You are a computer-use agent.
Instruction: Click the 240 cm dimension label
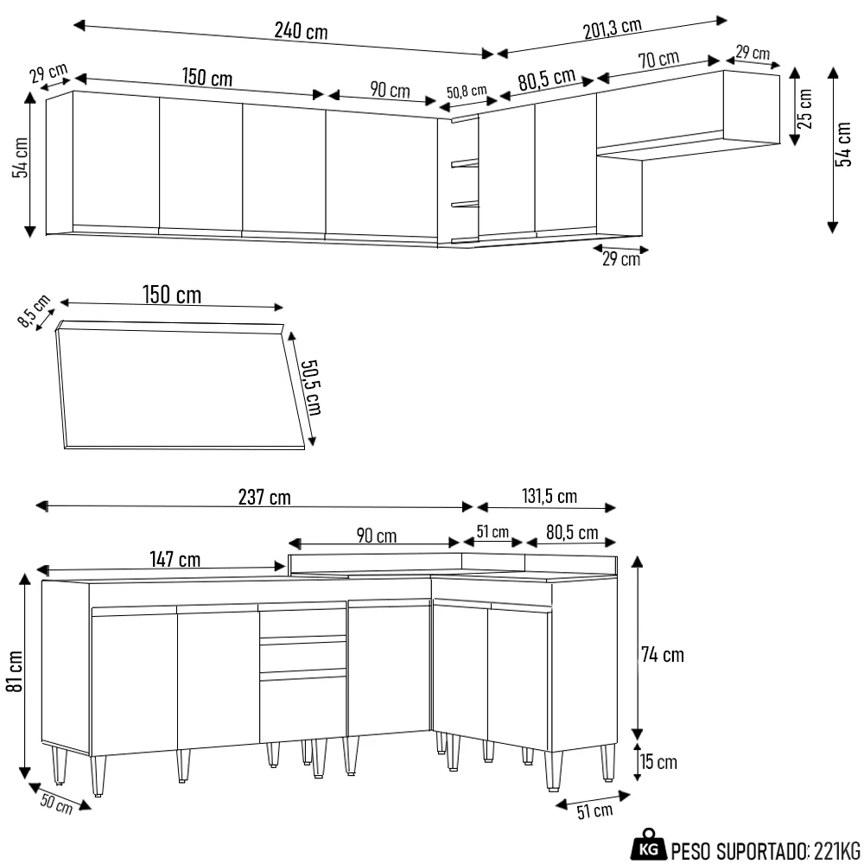tap(301, 31)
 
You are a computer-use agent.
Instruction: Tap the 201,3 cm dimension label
tap(612, 28)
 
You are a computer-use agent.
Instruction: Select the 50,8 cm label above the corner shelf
tap(467, 92)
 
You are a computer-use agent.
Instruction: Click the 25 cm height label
tap(804, 108)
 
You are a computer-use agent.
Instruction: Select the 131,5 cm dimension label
tap(550, 496)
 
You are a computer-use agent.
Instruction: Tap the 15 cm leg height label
tap(659, 762)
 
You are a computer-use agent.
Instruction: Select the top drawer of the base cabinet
tap(302, 623)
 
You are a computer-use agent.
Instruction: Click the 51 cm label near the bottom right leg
tap(594, 810)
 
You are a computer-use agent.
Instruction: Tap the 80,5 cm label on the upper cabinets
tap(546, 79)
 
